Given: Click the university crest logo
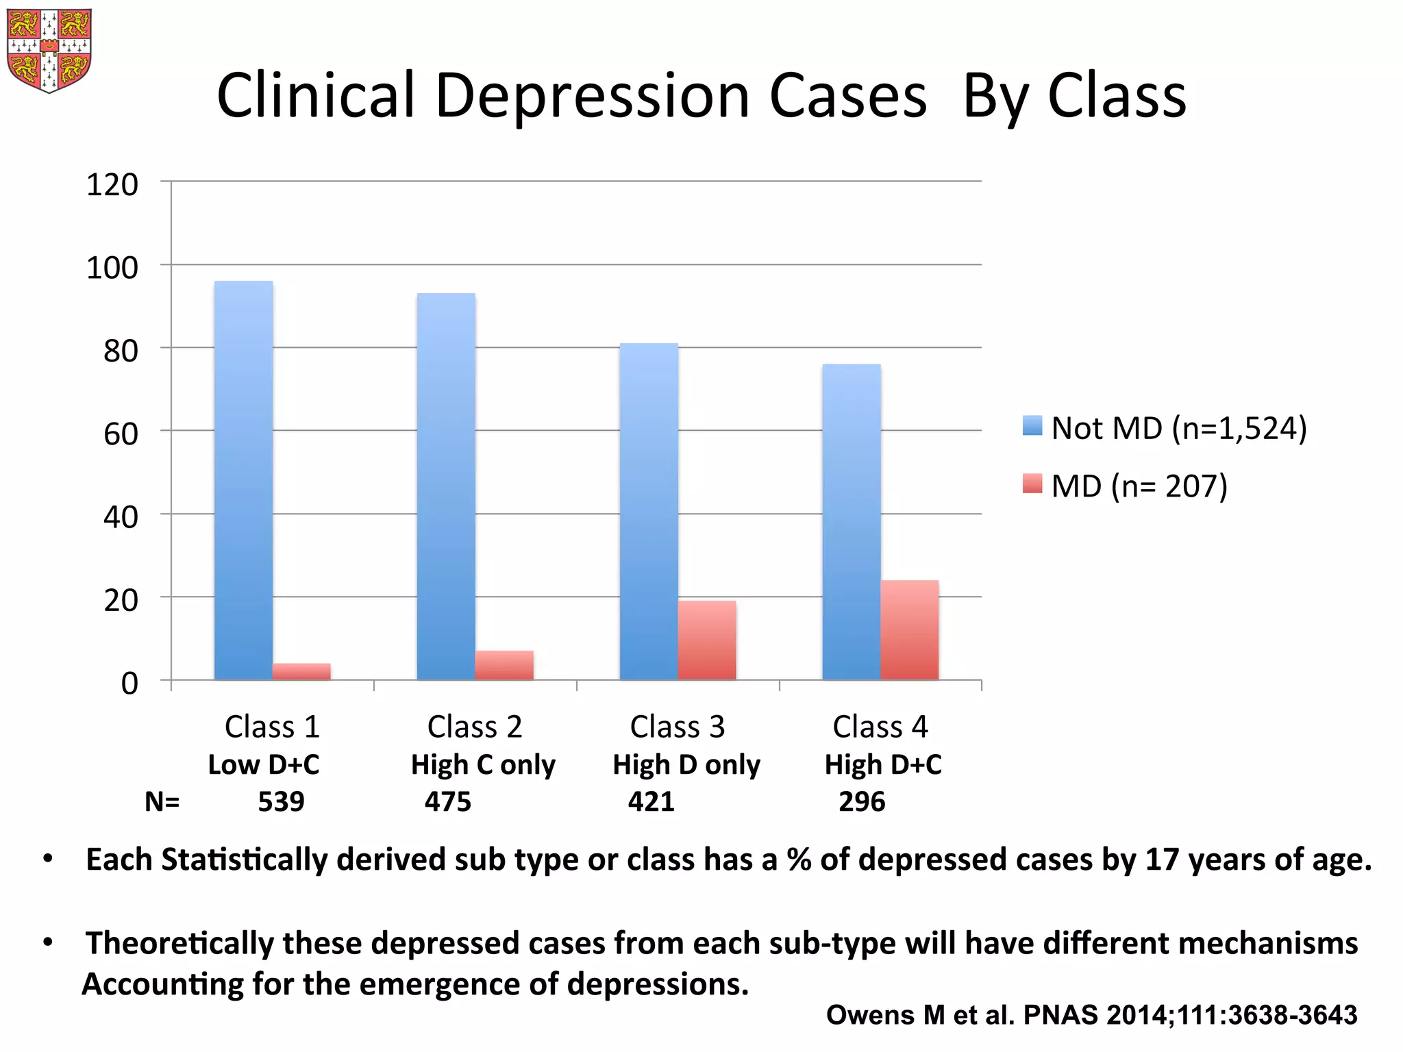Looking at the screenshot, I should click(x=49, y=49).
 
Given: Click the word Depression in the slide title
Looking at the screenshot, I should click(x=593, y=96).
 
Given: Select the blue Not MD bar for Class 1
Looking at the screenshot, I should click(x=243, y=479).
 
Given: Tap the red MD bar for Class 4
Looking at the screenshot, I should click(x=909, y=630).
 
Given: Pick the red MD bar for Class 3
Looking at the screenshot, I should click(x=707, y=640).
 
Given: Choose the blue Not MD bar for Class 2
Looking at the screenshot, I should click(x=446, y=486).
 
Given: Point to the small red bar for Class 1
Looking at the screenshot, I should click(x=301, y=671).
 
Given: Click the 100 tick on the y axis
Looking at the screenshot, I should click(x=112, y=268).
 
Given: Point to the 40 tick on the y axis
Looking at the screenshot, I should click(x=121, y=517).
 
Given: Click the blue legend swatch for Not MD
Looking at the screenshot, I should click(x=1032, y=426).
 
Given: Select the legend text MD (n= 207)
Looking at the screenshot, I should click(x=1139, y=486).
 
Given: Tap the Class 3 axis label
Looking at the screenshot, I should click(x=677, y=727).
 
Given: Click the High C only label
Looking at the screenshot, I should click(x=483, y=765).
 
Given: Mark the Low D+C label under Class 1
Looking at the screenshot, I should click(x=264, y=765).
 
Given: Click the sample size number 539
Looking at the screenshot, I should click(x=281, y=802).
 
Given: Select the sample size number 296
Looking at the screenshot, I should click(x=862, y=802).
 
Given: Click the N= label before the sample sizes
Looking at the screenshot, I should click(x=162, y=802).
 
